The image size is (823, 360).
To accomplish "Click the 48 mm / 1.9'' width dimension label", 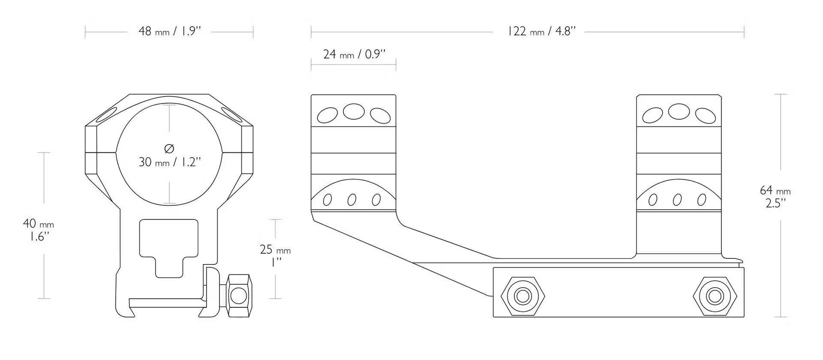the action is point(170,31).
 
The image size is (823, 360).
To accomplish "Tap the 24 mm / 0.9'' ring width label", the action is point(354,54).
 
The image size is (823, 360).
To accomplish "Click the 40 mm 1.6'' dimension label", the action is point(38,230).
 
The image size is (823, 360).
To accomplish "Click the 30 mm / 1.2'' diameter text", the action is point(170,162).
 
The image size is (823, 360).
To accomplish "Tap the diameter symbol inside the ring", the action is point(169,149).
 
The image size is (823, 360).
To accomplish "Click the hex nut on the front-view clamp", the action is point(239,295).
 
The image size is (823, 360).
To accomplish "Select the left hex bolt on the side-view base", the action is point(523,296).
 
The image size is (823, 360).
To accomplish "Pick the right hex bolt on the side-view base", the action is point(715,296).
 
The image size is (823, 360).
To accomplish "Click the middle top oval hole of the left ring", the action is point(354,112).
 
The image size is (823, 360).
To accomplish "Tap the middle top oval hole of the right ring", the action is point(679,112).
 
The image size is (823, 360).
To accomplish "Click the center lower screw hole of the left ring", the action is point(352,200).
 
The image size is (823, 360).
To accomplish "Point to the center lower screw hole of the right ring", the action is point(677,200).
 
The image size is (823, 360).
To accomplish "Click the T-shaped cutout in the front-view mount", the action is point(169,248).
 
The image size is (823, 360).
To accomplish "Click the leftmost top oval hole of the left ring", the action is point(327,115).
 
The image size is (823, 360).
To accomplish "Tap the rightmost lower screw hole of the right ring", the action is point(702,200).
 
